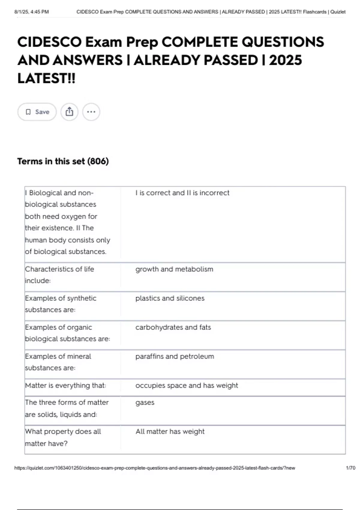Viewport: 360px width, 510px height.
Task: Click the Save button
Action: pos(37,112)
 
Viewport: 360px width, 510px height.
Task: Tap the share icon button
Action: pos(69,112)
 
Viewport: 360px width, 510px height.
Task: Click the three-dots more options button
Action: pos(91,112)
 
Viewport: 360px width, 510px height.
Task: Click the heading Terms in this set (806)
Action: pos(63,161)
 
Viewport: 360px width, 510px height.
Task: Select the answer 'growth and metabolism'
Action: pos(174,269)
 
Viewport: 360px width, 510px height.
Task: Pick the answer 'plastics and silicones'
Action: pos(170,298)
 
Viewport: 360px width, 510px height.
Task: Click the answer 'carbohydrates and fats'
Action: pos(173,327)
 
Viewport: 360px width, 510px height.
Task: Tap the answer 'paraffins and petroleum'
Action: pos(175,356)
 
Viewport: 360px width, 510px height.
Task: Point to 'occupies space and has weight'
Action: pos(187,385)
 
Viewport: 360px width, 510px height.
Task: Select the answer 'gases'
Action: pos(145,403)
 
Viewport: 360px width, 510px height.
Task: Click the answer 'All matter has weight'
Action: pos(170,432)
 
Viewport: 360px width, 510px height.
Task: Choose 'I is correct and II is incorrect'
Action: pos(182,193)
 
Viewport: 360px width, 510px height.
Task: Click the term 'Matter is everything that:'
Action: pos(65,385)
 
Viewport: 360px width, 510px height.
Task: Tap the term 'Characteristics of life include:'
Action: pos(59,275)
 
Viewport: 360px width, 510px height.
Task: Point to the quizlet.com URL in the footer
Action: pos(154,468)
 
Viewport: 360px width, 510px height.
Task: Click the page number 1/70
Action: pos(350,468)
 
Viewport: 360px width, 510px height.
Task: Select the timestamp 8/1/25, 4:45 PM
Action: pos(31,12)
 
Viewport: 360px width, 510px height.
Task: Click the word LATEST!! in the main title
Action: pos(46,79)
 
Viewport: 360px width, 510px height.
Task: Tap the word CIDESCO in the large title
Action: pos(49,42)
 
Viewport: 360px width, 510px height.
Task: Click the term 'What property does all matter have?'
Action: pos(63,437)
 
